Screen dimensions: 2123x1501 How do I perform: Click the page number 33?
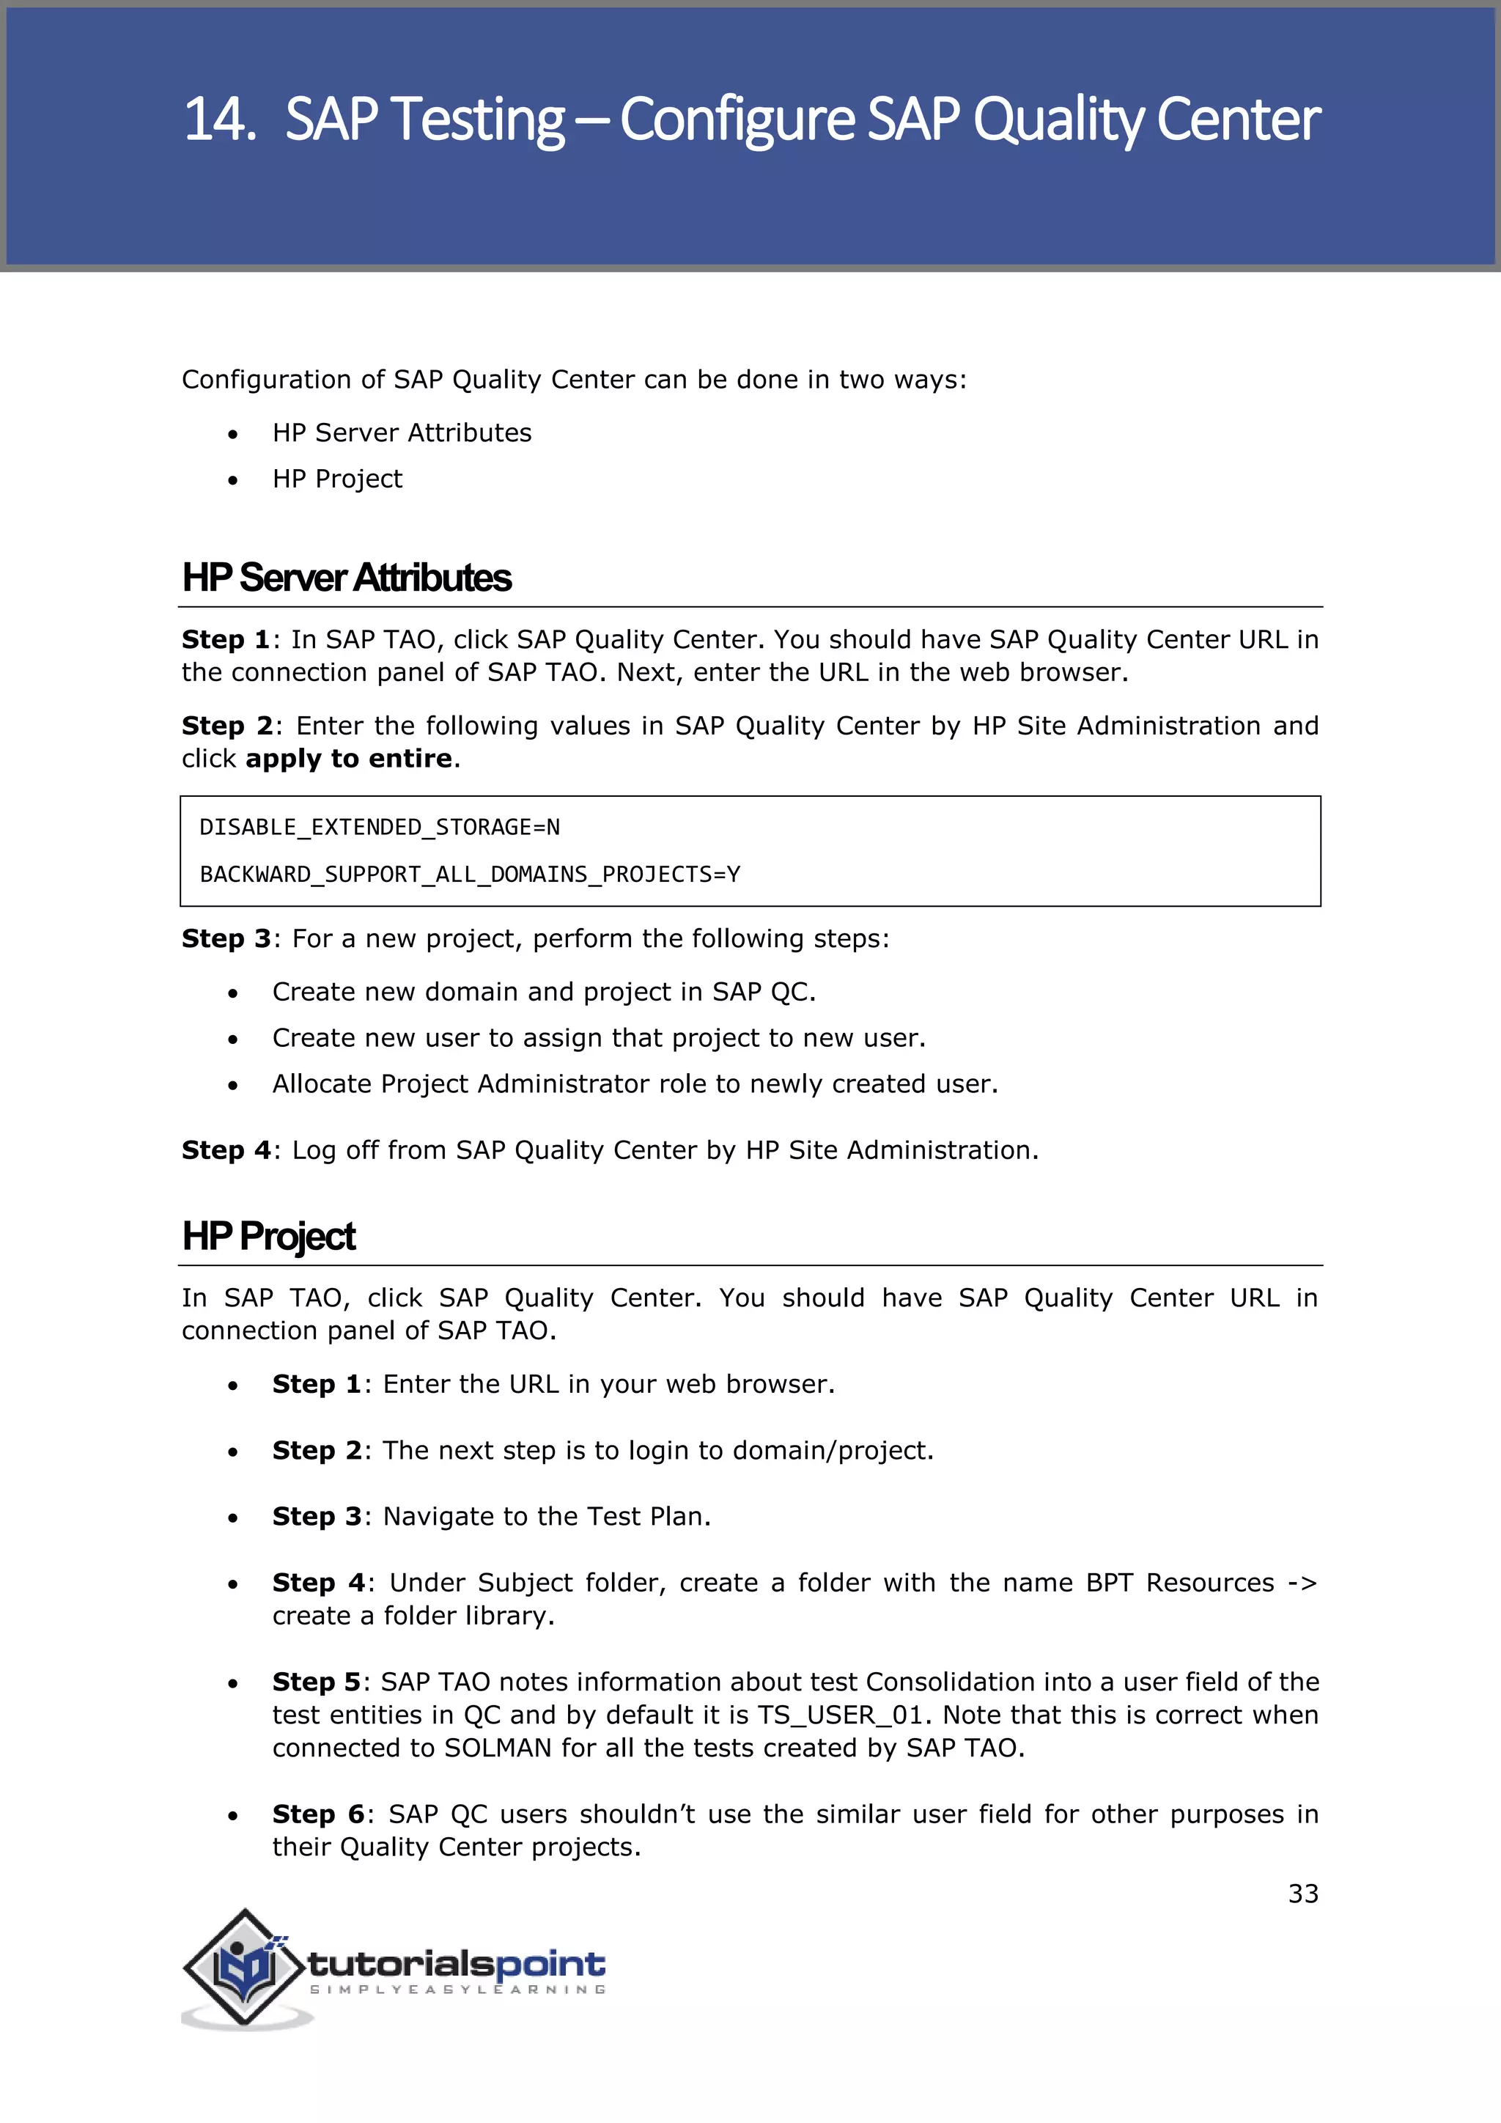(x=1302, y=1894)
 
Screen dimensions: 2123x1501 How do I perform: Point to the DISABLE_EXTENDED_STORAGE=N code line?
(x=379, y=828)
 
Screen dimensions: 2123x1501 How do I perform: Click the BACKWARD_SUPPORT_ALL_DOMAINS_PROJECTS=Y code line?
(x=470, y=875)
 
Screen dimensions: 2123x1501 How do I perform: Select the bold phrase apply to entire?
(x=348, y=759)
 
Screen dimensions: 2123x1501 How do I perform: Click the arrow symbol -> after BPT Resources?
(x=1302, y=1583)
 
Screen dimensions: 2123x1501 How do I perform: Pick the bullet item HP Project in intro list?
(x=337, y=479)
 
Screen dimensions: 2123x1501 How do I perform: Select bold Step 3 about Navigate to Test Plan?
(x=316, y=1517)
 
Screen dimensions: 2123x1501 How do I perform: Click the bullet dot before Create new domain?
(x=234, y=993)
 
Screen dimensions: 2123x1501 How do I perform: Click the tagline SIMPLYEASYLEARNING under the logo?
(x=457, y=1990)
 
